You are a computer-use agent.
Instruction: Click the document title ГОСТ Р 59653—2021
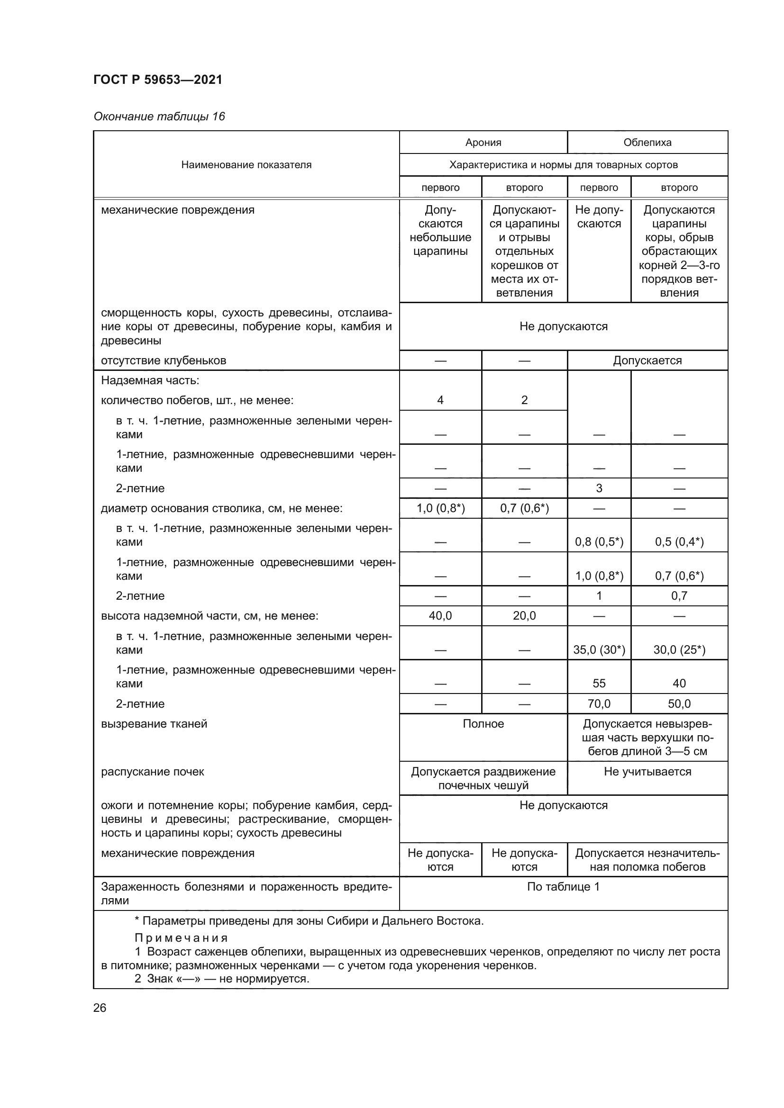click(158, 80)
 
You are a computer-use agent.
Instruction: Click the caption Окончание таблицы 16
click(159, 117)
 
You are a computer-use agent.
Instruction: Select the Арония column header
click(483, 143)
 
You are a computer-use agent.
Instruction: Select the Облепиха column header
click(647, 143)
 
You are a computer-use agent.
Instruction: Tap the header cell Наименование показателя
click(246, 164)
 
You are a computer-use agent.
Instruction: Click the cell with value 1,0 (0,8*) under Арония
click(440, 508)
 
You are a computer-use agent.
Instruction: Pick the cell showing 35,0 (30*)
click(599, 649)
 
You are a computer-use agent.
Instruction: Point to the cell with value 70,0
click(599, 703)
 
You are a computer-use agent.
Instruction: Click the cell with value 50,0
click(679, 703)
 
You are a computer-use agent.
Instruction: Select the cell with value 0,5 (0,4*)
click(679, 542)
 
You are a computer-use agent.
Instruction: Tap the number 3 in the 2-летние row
click(599, 488)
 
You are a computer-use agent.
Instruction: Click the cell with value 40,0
click(440, 616)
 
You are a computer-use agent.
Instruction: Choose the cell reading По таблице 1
click(563, 886)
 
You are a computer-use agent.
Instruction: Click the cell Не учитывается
click(647, 772)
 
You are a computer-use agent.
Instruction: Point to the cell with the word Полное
click(483, 724)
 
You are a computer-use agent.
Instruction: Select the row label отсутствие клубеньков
click(163, 360)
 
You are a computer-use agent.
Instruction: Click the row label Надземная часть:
click(150, 380)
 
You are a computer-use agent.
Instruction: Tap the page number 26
click(100, 1008)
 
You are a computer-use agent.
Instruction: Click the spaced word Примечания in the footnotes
click(181, 938)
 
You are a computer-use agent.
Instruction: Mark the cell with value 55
click(599, 684)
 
